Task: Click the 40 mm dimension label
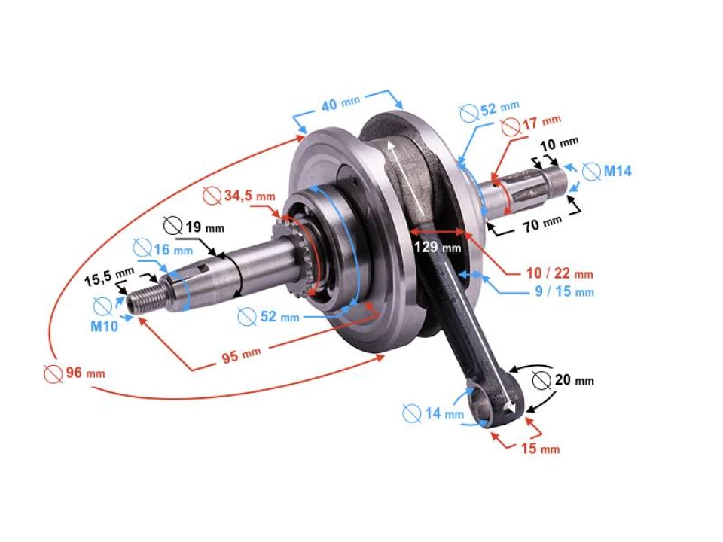[341, 104]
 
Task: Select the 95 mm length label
[241, 354]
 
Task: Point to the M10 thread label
[105, 327]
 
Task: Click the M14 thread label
[617, 171]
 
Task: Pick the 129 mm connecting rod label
[437, 247]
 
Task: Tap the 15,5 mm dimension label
[108, 279]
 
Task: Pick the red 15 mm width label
[539, 449]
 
